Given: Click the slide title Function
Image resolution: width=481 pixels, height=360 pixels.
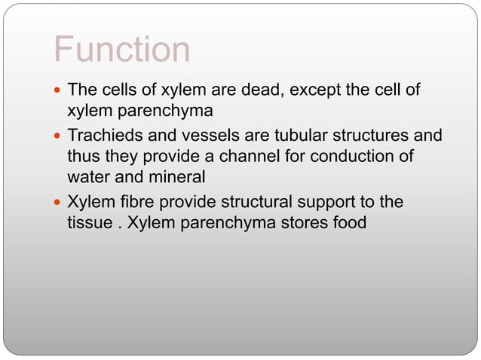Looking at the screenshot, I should pos(121,50).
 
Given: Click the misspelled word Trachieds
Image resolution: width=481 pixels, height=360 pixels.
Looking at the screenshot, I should pos(105,137).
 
